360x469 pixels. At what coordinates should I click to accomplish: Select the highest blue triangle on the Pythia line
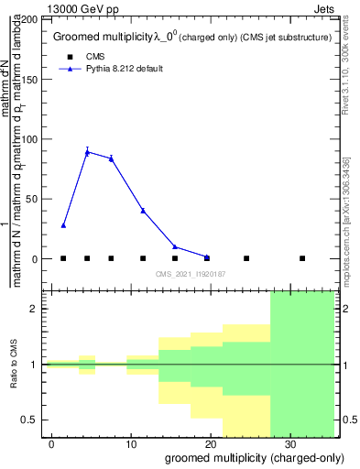coord(87,152)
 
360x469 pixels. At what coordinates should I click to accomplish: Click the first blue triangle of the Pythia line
coord(63,224)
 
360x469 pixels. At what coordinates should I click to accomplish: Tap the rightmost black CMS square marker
coord(302,258)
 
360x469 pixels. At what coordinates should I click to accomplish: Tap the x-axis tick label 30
coord(289,443)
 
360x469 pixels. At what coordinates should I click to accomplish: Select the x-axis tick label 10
coord(131,443)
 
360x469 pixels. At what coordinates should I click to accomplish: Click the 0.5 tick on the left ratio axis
coord(34,420)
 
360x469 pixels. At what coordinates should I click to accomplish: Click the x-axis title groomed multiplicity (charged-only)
coord(249,457)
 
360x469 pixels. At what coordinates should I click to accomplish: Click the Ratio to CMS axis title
coord(14,365)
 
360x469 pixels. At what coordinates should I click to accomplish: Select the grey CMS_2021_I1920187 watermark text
coord(191,273)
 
